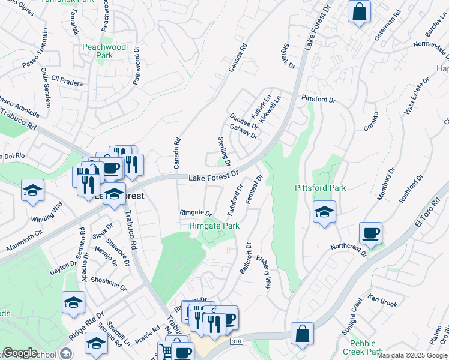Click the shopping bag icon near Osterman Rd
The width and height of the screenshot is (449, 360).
coord(359,12)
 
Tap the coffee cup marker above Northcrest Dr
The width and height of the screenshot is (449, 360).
coord(370,232)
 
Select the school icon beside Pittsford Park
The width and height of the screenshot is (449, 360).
coord(324,212)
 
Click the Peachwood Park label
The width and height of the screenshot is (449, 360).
coord(103,51)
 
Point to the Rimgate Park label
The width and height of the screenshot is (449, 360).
coord(214,226)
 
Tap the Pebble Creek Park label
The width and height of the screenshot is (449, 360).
coord(367,347)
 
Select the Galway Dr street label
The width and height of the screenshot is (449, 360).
coord(244,130)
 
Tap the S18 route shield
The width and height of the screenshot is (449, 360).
coord(237,341)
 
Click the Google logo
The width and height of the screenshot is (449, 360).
coord(20,353)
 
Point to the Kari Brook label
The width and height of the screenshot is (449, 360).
coord(382,300)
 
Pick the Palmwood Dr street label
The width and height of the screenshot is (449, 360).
coord(136,69)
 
